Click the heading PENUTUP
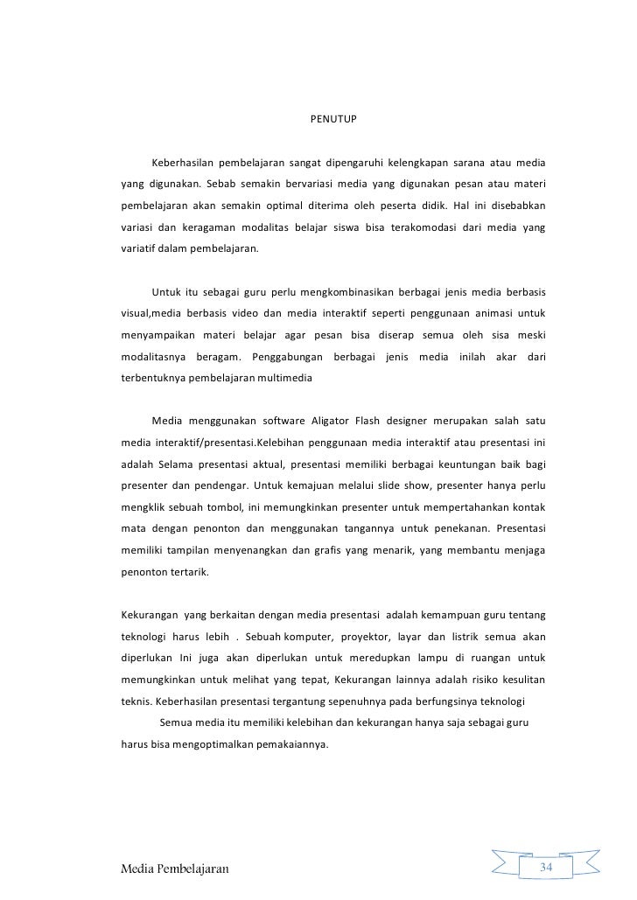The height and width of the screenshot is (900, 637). click(334, 118)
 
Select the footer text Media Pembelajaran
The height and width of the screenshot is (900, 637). click(174, 869)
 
